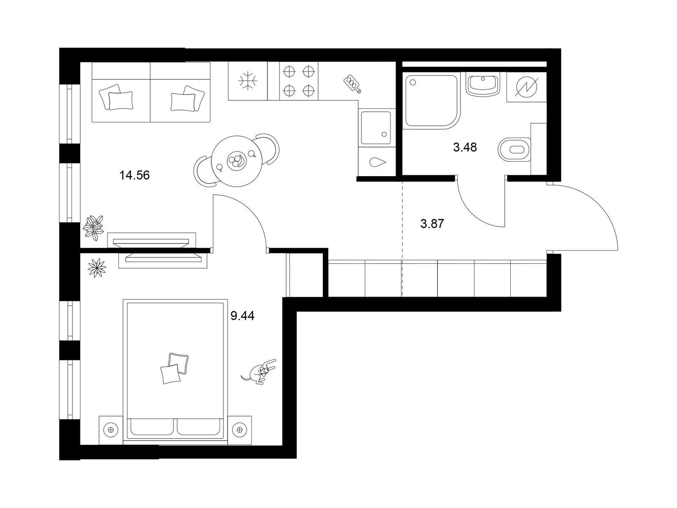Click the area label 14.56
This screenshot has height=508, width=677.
point(135,176)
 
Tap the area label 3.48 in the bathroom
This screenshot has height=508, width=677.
point(465,147)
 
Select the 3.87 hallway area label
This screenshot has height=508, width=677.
point(432,224)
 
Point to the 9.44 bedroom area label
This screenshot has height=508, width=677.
point(242,316)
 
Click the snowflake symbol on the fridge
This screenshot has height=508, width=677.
point(248,81)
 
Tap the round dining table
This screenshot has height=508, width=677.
point(237,161)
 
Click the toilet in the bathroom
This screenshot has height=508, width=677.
point(514,149)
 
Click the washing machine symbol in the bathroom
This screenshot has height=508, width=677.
point(526,87)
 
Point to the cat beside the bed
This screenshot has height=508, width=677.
point(259,372)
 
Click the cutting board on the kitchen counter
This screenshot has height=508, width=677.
point(352,83)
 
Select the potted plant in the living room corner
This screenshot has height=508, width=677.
point(93,228)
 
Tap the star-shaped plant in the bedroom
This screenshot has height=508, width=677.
point(97,268)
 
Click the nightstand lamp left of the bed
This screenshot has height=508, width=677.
point(111,430)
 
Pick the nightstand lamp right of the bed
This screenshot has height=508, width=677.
point(239,430)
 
